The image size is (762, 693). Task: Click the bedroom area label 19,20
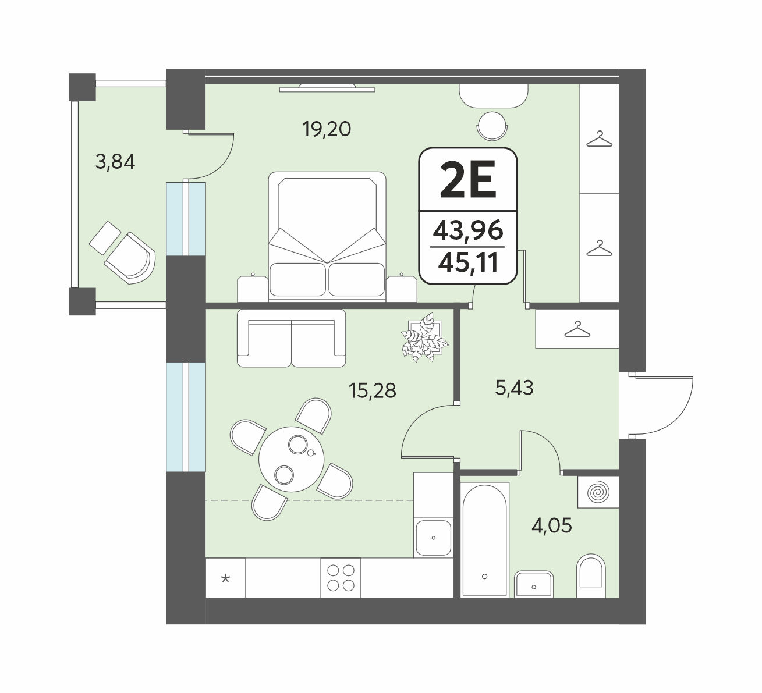click(327, 129)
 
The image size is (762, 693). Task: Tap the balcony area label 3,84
click(115, 162)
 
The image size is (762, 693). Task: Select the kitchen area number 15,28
click(373, 390)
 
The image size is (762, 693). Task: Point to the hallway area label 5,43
click(515, 388)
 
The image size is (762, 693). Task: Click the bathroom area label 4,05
click(552, 526)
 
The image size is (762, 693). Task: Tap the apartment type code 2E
click(468, 179)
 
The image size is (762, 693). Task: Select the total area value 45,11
click(468, 263)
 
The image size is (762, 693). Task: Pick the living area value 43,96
click(468, 230)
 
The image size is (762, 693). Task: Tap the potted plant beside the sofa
click(425, 337)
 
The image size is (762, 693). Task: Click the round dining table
click(291, 459)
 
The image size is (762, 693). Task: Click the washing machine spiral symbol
click(598, 492)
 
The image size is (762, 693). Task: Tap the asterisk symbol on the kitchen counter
click(226, 579)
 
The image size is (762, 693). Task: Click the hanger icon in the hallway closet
click(577, 329)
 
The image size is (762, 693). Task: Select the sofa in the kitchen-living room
click(291, 338)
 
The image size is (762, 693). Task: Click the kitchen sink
click(434, 538)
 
